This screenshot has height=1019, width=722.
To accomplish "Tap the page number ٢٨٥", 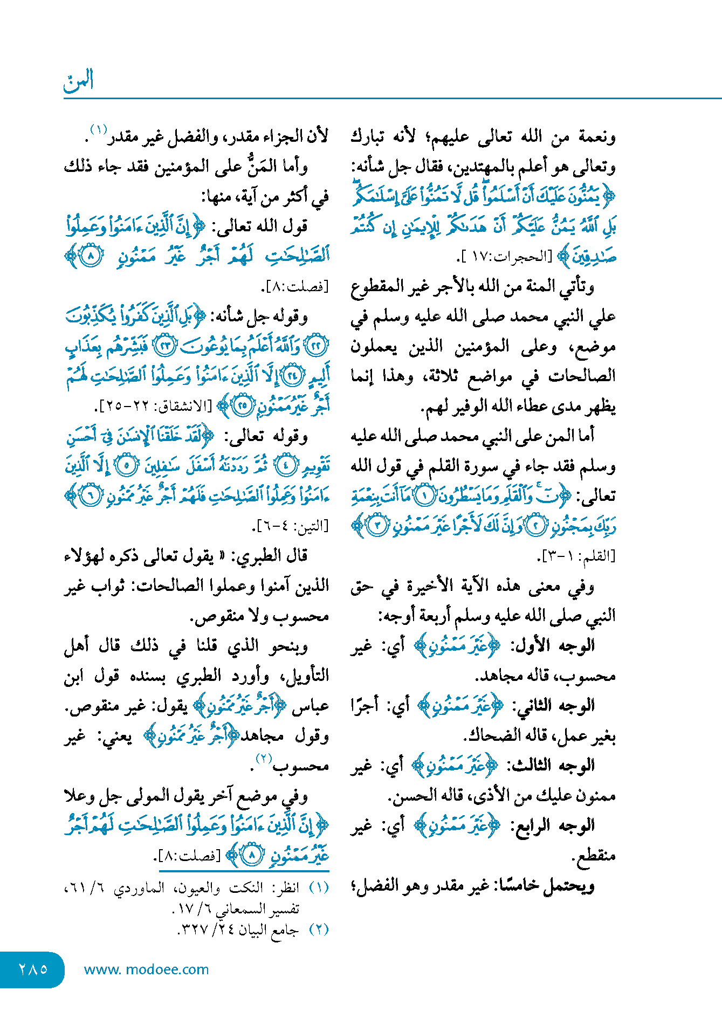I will (33, 969).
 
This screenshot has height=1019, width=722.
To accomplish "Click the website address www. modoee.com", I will (146, 969).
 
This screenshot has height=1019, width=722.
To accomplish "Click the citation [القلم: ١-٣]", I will (576, 556).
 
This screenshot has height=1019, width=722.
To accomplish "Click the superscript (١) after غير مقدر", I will (99, 130).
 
